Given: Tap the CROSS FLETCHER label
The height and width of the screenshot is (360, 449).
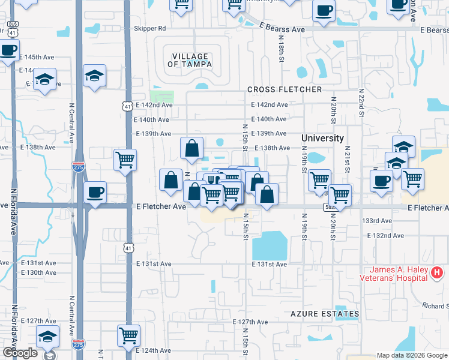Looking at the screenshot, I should [x=285, y=89].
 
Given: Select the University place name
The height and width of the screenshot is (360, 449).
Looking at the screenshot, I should [x=322, y=138].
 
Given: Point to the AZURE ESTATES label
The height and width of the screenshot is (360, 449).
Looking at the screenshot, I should [x=325, y=314].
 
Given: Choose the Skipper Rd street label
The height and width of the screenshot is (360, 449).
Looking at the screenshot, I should [x=150, y=28].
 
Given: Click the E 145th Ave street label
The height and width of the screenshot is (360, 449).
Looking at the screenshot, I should [x=37, y=57].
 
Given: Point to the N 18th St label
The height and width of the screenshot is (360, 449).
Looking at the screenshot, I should [x=281, y=48].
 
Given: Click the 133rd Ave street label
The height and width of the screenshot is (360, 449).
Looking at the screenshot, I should [x=377, y=221].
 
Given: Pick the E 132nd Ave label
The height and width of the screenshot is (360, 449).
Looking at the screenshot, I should [x=385, y=235].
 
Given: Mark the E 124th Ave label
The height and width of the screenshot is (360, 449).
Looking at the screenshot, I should [x=154, y=350].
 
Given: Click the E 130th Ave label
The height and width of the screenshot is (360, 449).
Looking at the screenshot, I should [x=38, y=272].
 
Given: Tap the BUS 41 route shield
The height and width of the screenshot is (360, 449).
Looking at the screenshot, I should [x=11, y=31].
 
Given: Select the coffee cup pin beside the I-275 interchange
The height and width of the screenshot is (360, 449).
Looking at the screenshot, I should [x=95, y=193].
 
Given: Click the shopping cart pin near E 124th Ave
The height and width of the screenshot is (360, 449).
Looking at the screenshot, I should [x=129, y=335].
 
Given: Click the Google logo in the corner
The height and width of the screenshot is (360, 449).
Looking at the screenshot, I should [x=20, y=353].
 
